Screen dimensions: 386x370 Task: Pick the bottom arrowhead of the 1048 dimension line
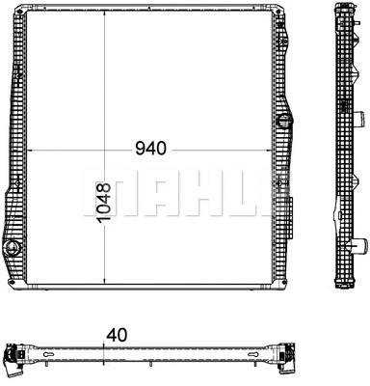104,286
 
